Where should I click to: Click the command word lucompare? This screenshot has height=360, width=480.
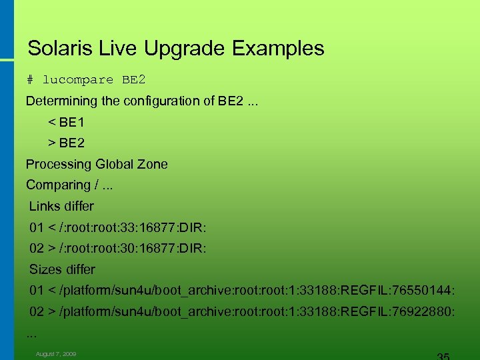tap(78, 80)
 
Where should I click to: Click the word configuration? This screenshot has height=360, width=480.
tap(166, 101)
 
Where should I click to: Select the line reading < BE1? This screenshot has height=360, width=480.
tap(66, 123)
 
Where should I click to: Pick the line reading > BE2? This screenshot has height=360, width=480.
tap(66, 143)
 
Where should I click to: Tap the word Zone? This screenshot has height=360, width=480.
tap(154, 164)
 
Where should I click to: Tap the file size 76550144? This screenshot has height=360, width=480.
tap(425, 291)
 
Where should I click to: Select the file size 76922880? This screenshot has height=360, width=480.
tap(425, 311)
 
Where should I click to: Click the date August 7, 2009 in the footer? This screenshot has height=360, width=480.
tap(56, 354)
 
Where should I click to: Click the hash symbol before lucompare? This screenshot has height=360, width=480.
tap(30, 80)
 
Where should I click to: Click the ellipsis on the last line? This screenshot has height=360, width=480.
tap(31, 333)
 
